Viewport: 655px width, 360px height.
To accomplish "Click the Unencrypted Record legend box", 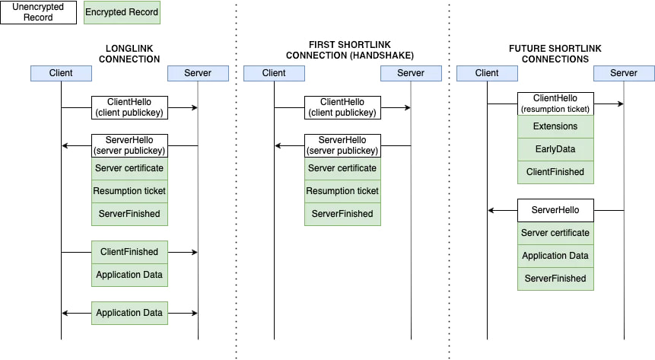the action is [39, 12].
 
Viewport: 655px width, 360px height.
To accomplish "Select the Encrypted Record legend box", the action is [122, 12].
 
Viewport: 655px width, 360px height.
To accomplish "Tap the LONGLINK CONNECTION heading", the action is [129, 54].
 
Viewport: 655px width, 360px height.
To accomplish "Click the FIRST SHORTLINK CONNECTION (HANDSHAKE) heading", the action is [350, 50].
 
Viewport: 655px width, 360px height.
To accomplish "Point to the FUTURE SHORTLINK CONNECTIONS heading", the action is [555, 54].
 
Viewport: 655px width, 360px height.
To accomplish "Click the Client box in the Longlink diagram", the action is [61, 73].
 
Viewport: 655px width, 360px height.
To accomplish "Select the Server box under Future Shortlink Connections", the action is [624, 73].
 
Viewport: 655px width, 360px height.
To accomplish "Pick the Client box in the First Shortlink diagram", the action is [274, 73].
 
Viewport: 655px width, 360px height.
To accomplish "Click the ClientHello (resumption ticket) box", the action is [555, 104].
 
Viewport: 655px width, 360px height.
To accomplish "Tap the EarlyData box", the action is [555, 149].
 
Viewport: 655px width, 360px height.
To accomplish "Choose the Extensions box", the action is [555, 126].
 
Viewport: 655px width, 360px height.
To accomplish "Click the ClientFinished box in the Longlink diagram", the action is [129, 252].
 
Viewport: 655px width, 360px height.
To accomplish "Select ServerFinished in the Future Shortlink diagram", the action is [555, 279].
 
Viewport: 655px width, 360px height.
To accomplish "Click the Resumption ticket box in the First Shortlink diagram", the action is [342, 191].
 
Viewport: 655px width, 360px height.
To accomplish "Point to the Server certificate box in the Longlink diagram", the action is [129, 168].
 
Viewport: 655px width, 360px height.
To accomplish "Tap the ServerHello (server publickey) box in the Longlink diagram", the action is [129, 145].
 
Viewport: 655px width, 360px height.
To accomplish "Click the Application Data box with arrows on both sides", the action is [129, 313].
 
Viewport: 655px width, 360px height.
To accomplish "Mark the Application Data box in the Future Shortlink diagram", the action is [555, 256].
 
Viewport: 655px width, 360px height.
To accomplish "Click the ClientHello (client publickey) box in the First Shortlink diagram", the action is [342, 107].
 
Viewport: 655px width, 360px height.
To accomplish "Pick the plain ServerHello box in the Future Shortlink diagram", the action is [555, 210].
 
